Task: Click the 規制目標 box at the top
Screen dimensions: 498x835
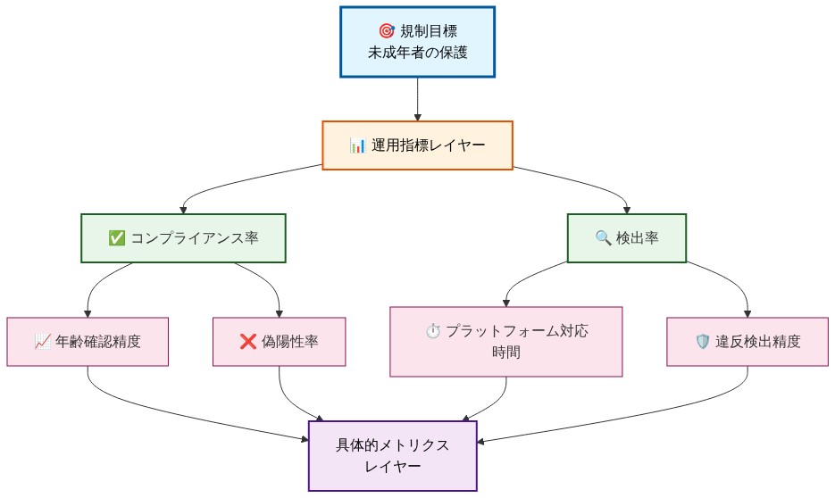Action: (417, 42)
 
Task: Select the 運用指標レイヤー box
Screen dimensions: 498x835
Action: (417, 145)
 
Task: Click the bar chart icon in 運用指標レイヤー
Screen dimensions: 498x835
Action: (358, 145)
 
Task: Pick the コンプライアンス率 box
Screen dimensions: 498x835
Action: (183, 238)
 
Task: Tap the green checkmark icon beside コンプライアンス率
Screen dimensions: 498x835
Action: (116, 238)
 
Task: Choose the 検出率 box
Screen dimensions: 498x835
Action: (627, 238)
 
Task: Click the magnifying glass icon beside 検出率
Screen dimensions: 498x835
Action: (603, 238)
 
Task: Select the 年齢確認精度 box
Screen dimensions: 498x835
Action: (88, 341)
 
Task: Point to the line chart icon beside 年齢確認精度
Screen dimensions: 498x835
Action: (43, 341)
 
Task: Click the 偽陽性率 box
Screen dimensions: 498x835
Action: (279, 341)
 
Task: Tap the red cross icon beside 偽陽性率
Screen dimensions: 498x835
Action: (248, 341)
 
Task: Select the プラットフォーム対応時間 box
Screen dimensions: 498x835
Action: (505, 341)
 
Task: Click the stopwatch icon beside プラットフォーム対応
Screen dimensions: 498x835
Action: (433, 331)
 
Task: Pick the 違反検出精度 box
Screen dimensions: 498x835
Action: (747, 341)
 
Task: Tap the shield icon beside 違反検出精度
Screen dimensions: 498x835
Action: (702, 341)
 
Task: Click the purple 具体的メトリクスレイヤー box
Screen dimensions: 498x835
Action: (393, 455)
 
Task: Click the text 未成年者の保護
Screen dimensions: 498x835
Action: (417, 53)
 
